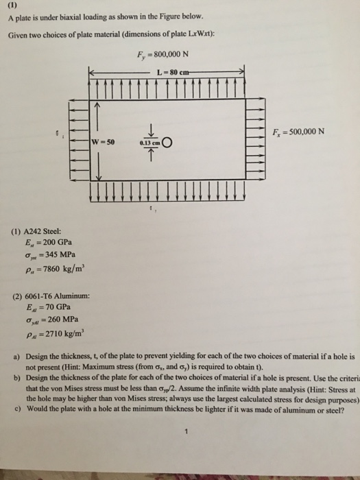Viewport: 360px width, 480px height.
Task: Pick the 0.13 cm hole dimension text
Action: tap(149, 143)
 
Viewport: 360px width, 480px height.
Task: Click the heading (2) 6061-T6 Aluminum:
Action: tap(56, 297)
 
